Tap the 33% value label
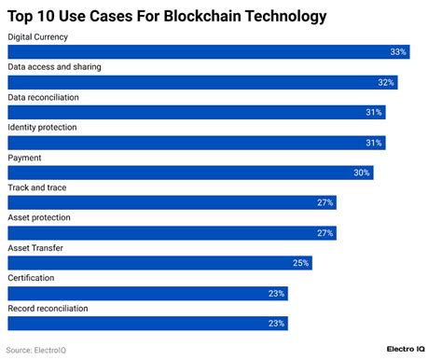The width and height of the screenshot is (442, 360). (398, 52)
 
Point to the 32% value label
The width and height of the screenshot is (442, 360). (386, 82)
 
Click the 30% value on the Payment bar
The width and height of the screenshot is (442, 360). (362, 173)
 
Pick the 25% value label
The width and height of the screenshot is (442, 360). (300, 263)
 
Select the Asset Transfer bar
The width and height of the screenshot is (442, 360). (159, 263)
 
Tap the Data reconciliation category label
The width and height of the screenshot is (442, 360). (43, 97)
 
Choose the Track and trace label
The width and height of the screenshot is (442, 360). (36, 187)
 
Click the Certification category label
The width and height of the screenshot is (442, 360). (31, 278)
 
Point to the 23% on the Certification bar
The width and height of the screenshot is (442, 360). (276, 294)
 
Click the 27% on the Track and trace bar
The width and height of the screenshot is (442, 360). (325, 202)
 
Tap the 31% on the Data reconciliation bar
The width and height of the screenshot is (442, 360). (374, 112)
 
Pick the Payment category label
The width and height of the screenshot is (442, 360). (24, 158)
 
